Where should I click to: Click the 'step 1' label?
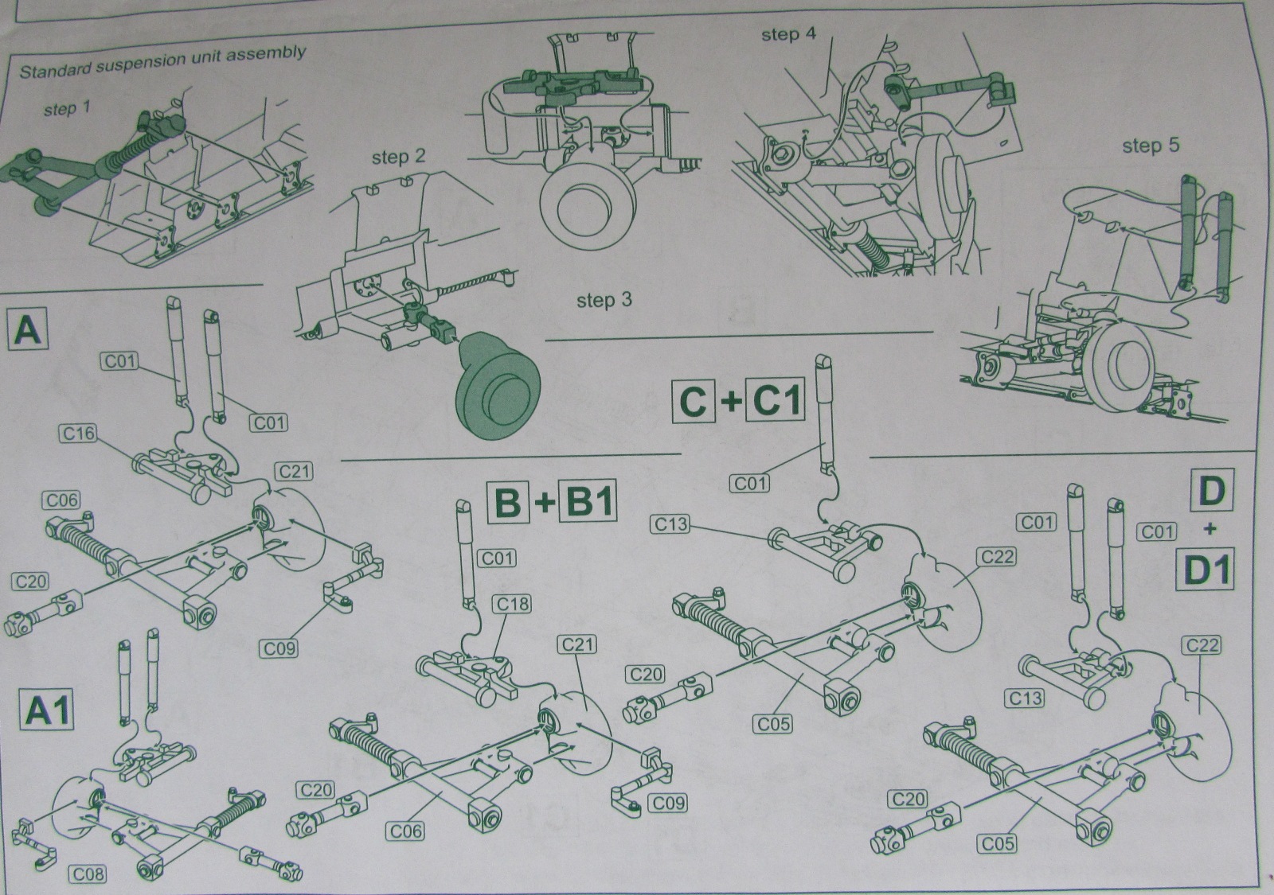tap(61, 108)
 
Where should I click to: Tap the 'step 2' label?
tap(398, 158)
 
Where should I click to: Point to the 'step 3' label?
tap(604, 300)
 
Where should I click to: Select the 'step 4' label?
tap(788, 34)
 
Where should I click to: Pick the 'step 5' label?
tap(1151, 146)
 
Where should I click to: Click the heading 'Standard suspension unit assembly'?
tap(162, 63)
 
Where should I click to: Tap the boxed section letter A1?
tap(49, 710)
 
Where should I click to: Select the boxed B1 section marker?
tap(588, 503)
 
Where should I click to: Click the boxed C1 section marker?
tap(776, 402)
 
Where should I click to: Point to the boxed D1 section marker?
tap(1207, 570)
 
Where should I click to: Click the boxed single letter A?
tap(28, 330)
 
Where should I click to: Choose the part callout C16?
tap(78, 433)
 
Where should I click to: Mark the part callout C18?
tap(513, 605)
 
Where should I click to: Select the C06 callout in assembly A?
tap(61, 500)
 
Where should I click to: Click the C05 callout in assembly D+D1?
tap(997, 842)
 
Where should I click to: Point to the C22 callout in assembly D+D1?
tap(1202, 644)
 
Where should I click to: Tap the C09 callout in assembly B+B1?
tap(668, 803)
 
